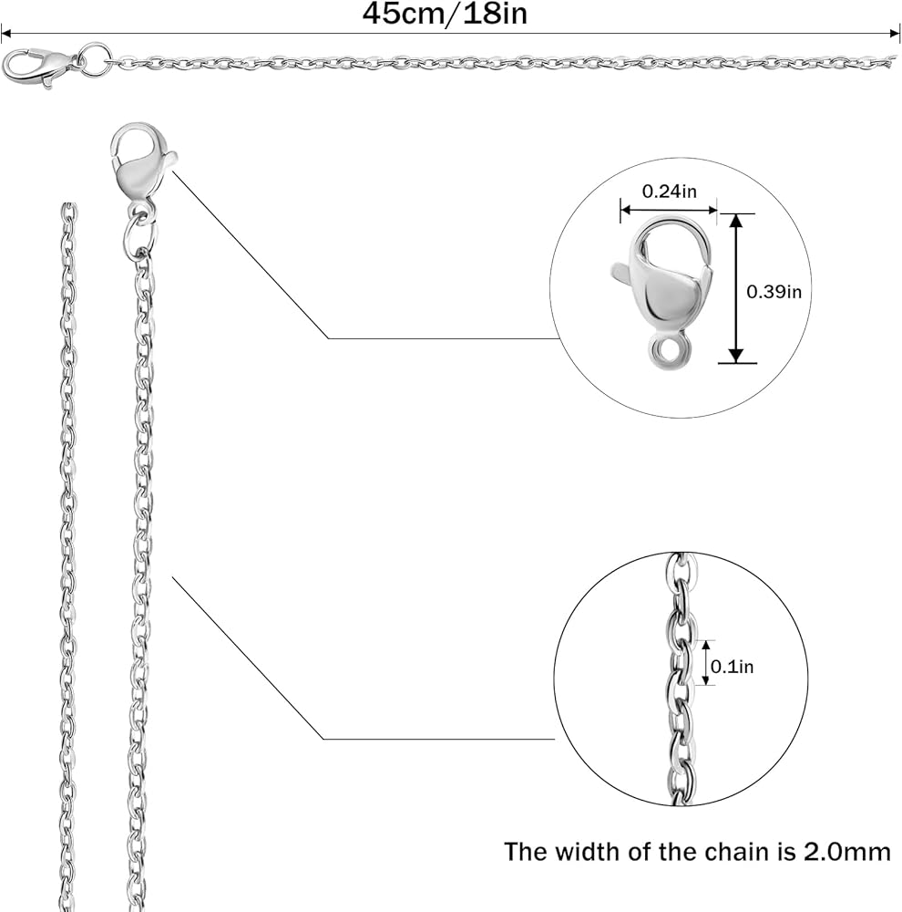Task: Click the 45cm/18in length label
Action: (445, 14)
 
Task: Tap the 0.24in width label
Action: (669, 192)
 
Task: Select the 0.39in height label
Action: (774, 292)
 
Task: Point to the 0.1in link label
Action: (733, 667)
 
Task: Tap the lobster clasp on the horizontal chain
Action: (38, 67)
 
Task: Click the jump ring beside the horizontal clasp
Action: (94, 60)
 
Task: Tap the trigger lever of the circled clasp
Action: (622, 271)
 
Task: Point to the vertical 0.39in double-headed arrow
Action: (736, 288)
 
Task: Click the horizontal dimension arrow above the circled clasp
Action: (669, 211)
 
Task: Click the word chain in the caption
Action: (730, 853)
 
